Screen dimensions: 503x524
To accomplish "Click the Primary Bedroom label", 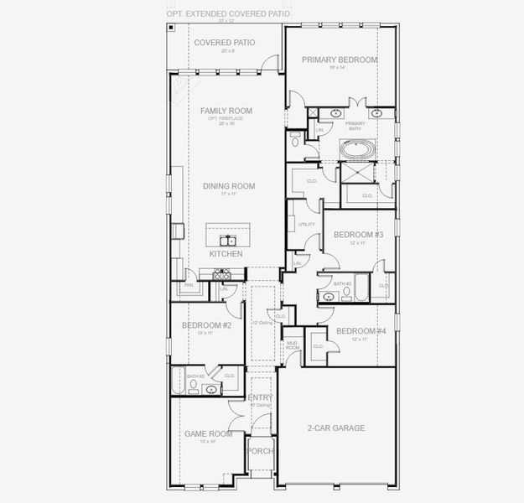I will (x=340, y=60).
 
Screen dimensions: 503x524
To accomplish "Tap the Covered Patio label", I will (x=225, y=42).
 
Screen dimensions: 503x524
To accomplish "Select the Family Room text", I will (x=226, y=111).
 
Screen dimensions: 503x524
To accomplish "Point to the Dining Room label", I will (x=228, y=186).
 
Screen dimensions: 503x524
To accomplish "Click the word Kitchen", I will (x=226, y=253).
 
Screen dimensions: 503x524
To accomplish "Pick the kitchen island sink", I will (x=228, y=240).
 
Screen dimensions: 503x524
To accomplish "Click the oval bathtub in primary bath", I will (x=358, y=150).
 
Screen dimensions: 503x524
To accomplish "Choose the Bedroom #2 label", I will (x=206, y=324).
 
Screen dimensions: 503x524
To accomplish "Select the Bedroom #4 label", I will (x=361, y=331).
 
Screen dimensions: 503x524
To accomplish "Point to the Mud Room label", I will (x=292, y=345).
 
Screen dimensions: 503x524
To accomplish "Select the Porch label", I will (x=259, y=450).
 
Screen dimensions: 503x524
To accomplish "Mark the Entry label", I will (x=260, y=397).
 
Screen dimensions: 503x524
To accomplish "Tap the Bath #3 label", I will (x=341, y=284).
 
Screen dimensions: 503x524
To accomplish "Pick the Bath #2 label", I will (x=195, y=376).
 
